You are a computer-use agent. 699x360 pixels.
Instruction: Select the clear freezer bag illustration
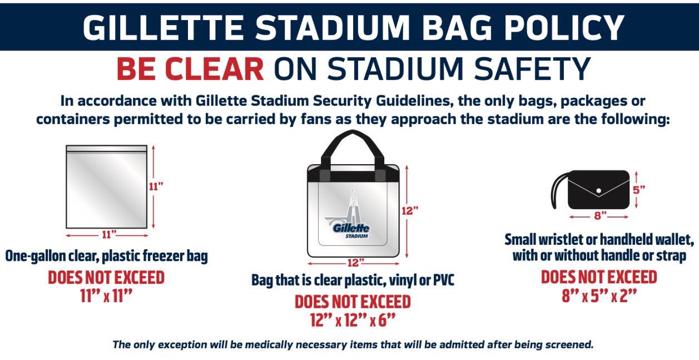pyautogui.click(x=107, y=187)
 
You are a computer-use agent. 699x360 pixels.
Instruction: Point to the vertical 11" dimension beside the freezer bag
pyautogui.click(x=155, y=187)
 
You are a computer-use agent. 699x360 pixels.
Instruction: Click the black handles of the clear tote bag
pyautogui.click(x=353, y=146)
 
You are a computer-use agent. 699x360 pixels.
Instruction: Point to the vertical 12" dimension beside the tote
pyautogui.click(x=409, y=210)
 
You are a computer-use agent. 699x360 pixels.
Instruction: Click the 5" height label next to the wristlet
pyautogui.click(x=638, y=189)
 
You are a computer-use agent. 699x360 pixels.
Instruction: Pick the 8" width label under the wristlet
pyautogui.click(x=599, y=215)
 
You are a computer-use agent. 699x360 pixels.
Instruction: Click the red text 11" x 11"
pyautogui.click(x=106, y=295)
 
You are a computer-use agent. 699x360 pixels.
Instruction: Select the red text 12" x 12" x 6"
pyautogui.click(x=353, y=320)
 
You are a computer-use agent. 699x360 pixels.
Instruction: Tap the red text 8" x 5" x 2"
pyautogui.click(x=599, y=295)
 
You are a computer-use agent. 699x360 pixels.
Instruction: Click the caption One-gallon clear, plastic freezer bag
pyautogui.click(x=106, y=256)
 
